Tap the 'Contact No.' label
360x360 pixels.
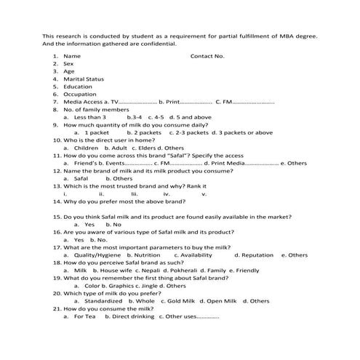pyautogui.click(x=207, y=55)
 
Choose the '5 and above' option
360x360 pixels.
pyautogui.click(x=193, y=117)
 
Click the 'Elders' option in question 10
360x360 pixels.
pyautogui.click(x=142, y=148)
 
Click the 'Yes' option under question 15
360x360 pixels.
pyautogui.click(x=89, y=225)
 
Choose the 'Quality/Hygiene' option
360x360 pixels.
pyautogui.click(x=97, y=255)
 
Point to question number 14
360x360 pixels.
pyautogui.click(x=57, y=202)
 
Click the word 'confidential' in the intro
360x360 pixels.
pyautogui.click(x=154, y=44)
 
